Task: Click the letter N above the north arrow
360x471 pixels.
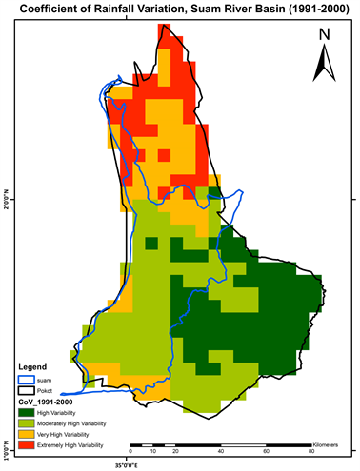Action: [325, 35]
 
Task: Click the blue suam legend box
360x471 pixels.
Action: [26, 379]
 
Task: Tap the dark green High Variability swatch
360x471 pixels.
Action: [26, 413]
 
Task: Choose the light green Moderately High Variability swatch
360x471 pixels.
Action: [26, 423]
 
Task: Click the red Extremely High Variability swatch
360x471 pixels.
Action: [26, 445]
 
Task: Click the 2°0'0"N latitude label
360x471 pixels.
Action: [7, 201]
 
